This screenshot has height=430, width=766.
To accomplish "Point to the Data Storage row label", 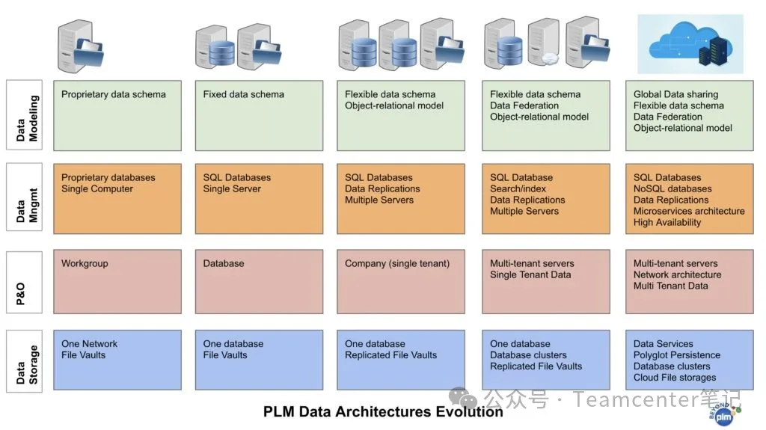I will [25, 360].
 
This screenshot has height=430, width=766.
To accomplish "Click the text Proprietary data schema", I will [114, 95].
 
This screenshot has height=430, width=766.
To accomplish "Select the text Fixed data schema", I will [243, 95].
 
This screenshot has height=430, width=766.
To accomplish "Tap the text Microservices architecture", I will [689, 212].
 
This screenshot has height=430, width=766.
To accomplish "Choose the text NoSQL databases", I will [672, 189].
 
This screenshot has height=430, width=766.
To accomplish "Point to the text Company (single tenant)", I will [397, 264].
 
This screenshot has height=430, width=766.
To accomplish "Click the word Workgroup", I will [86, 264].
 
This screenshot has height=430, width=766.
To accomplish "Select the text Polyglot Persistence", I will [677, 355].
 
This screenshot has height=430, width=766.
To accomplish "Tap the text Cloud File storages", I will [675, 378].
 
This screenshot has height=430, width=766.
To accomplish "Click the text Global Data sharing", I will [675, 95].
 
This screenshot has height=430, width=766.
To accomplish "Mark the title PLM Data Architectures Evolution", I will [383, 412].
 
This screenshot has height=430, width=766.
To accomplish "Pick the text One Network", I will [89, 344].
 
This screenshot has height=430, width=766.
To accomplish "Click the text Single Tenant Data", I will [530, 275].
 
